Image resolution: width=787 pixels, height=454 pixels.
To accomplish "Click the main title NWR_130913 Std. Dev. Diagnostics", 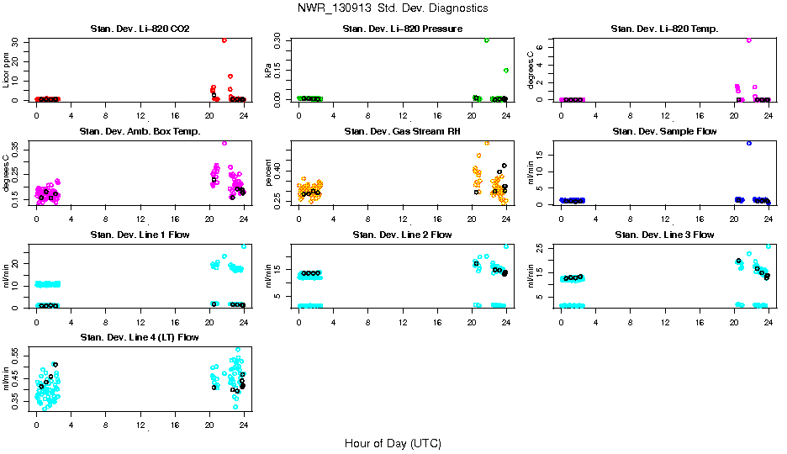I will pyautogui.click(x=393, y=8).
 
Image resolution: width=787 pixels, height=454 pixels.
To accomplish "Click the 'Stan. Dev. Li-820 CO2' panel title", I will pyautogui.click(x=140, y=29).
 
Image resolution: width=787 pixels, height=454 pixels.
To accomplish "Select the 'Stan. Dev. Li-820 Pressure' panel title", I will pyautogui.click(x=402, y=29).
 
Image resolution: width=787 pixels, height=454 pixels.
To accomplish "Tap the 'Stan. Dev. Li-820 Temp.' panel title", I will pyautogui.click(x=664, y=29).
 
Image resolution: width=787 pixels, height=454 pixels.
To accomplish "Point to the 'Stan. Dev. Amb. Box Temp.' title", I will pyautogui.click(x=140, y=131).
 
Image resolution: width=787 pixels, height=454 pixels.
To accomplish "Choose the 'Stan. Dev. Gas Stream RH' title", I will pyautogui.click(x=402, y=131).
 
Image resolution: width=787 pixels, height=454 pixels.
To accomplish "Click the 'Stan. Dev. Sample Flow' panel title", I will pyautogui.click(x=664, y=131).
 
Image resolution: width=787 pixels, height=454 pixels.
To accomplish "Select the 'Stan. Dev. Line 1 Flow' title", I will pyautogui.click(x=140, y=235).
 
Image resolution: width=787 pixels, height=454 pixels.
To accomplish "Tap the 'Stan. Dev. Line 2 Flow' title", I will pyautogui.click(x=402, y=235).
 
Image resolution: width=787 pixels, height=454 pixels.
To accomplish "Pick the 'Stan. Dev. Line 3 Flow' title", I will pyautogui.click(x=664, y=235).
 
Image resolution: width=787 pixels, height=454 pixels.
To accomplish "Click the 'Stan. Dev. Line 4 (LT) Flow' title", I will pyautogui.click(x=140, y=337).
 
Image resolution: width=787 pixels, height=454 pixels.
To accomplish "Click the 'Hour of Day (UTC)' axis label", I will pyautogui.click(x=393, y=443).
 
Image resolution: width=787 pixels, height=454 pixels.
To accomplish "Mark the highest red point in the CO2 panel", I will pyautogui.click(x=224, y=40).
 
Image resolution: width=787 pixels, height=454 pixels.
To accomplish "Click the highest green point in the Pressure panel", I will pyautogui.click(x=486, y=40).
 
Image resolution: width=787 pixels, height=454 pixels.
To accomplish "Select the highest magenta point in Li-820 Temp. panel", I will pyautogui.click(x=748, y=40).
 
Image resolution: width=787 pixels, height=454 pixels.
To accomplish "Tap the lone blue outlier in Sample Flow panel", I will pyautogui.click(x=748, y=143).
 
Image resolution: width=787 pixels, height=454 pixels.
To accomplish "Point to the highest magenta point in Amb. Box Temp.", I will pyautogui.click(x=224, y=143).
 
